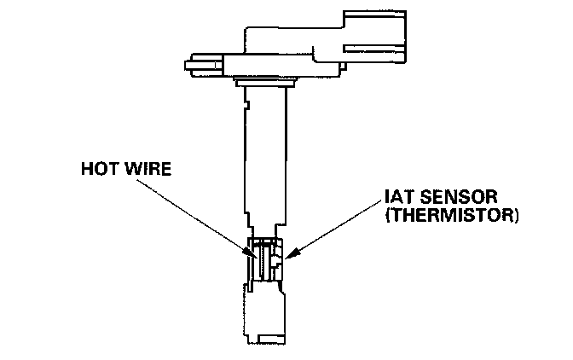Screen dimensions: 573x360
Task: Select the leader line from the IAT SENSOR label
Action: click(333, 229)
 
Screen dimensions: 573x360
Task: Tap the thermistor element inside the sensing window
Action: click(278, 259)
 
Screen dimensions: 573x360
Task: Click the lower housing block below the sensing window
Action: click(265, 307)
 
